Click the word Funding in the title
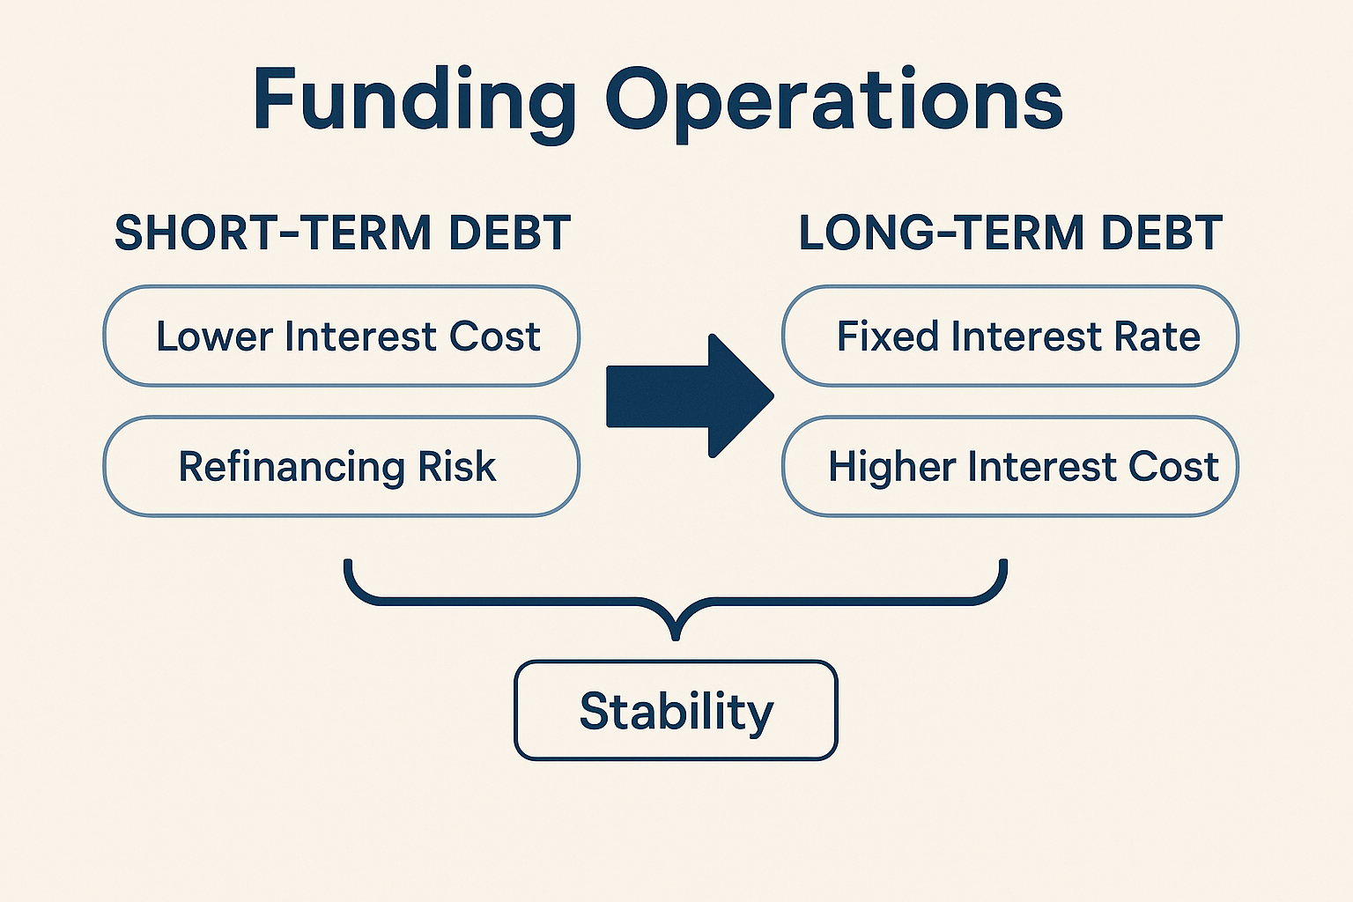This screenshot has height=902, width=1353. [414, 103]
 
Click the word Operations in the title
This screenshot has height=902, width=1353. [834, 103]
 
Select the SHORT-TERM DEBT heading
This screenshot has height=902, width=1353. [343, 233]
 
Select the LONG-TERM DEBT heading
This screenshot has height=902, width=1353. [1011, 233]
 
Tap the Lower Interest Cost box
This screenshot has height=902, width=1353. [341, 336]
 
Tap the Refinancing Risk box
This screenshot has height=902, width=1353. [341, 466]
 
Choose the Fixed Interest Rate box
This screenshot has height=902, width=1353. [1010, 336]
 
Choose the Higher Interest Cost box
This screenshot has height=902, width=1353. [1010, 466]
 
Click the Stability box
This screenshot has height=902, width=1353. [676, 711]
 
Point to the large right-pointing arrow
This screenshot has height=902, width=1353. [690, 396]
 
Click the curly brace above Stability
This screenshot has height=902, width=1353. [676, 600]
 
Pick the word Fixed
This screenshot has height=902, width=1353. [887, 336]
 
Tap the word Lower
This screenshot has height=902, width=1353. [214, 336]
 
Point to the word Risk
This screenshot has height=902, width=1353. [457, 466]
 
